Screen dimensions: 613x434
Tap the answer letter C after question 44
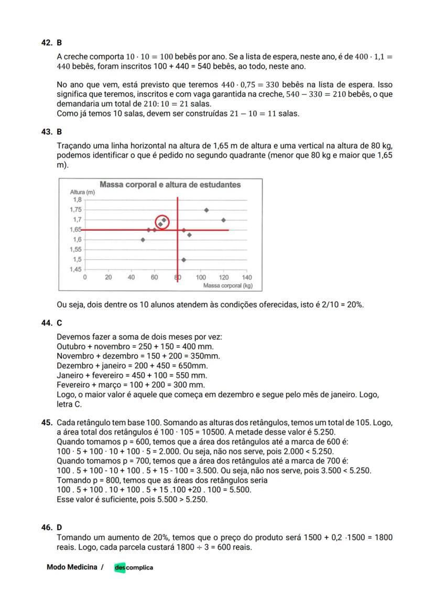(59, 324)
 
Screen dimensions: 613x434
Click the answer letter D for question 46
(59, 526)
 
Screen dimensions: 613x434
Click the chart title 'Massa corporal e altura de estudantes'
(170, 185)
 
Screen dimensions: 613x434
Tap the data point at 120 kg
(224, 220)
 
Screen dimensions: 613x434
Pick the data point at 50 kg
(143, 240)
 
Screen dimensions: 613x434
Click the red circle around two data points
(162, 222)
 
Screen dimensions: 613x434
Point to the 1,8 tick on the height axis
(77, 200)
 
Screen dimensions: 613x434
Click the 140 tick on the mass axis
(247, 277)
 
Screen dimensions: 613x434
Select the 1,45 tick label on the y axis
(75, 270)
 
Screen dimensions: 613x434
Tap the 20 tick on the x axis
(108, 277)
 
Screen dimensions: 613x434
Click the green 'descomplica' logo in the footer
(134, 567)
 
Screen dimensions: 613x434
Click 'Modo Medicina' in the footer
(72, 567)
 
